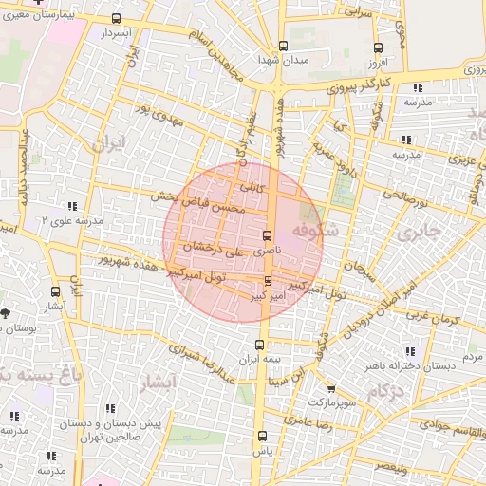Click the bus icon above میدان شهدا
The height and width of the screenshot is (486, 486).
click(x=283, y=46)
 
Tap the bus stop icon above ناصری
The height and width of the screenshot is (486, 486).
click(x=266, y=234)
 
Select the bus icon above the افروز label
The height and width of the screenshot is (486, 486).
click(x=378, y=47)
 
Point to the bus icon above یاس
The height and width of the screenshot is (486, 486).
click(x=262, y=437)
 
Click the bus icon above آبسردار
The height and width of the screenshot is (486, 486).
click(x=117, y=19)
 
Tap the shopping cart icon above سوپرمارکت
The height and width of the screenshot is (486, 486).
click(x=330, y=389)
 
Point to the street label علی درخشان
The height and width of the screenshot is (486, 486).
click(x=214, y=249)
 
